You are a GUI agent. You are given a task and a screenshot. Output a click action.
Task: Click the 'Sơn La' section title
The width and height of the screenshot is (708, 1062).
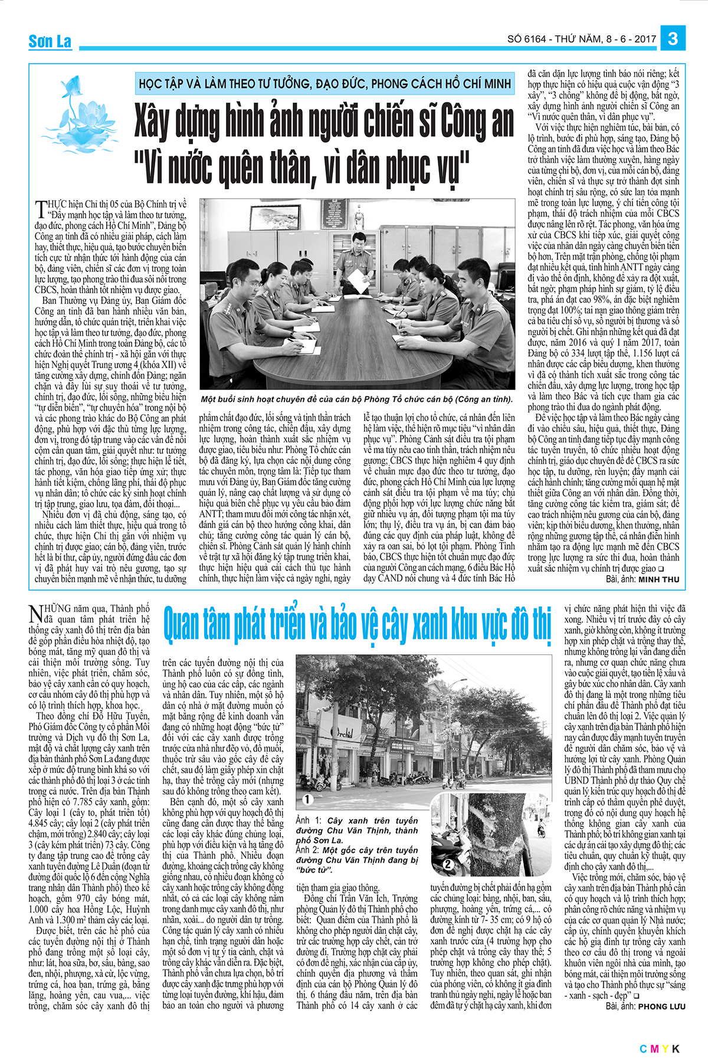(x=50, y=41)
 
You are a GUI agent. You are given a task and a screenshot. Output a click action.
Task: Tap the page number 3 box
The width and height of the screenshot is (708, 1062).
(x=673, y=39)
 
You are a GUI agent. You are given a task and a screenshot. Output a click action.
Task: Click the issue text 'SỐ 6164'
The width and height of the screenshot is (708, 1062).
(x=526, y=40)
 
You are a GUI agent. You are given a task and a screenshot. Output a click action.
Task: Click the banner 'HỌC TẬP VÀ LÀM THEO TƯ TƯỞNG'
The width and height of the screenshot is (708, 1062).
(x=324, y=83)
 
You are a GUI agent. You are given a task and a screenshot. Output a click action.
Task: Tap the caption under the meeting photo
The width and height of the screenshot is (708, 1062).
(x=356, y=399)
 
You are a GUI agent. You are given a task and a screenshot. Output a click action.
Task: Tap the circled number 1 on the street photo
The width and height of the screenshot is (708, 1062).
(x=307, y=799)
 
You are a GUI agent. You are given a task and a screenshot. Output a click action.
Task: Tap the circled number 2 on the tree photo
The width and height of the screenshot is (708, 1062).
(x=448, y=864)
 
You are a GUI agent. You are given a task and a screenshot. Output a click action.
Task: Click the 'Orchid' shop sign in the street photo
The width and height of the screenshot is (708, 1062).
(x=342, y=733)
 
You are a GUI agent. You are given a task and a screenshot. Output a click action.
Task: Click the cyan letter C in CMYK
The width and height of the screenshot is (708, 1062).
(x=643, y=1048)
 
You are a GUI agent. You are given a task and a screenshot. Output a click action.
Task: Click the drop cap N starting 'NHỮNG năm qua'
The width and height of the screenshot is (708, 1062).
(x=35, y=614)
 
